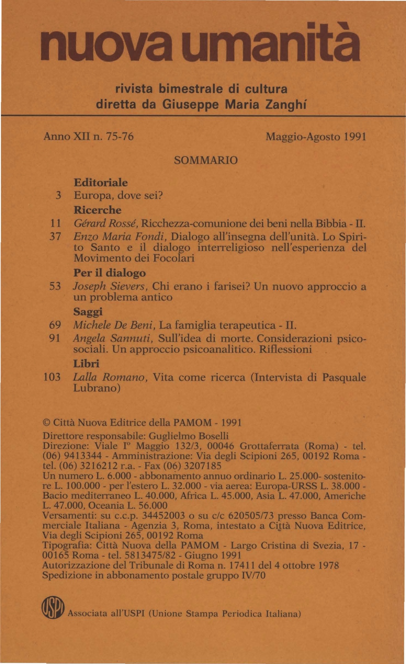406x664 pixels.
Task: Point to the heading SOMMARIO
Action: [205, 160]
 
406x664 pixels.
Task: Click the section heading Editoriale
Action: [101, 183]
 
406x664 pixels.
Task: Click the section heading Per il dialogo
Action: [110, 273]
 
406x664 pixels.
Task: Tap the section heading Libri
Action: [86, 364]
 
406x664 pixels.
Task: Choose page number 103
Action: [52, 378]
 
